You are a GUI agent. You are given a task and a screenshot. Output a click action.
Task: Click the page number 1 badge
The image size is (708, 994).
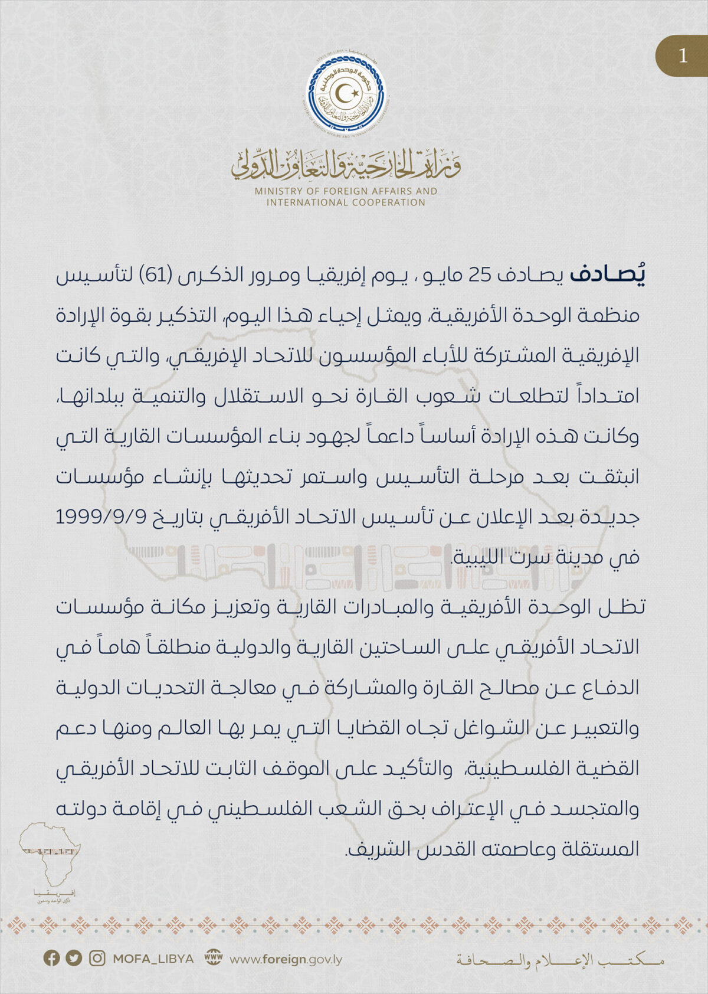coord(683,55)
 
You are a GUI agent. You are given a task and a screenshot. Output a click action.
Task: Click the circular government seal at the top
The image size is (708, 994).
coord(348,94)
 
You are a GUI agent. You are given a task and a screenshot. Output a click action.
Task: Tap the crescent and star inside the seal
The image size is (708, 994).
coord(348,93)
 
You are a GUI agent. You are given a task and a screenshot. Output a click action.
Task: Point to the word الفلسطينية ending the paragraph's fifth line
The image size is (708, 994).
coord(513,769)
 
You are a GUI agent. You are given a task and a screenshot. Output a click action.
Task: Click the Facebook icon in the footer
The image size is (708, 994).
coord(52,958)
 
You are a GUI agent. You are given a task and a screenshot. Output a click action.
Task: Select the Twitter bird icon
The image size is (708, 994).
coord(74,958)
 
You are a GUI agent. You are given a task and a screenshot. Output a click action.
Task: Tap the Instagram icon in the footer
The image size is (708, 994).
coord(97,958)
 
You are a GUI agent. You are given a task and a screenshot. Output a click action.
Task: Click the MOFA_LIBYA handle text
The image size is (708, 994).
coord(153,959)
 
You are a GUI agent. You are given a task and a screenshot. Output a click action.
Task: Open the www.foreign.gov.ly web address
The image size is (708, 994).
coord(286,959)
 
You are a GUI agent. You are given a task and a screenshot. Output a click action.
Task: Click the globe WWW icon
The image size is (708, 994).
coord(214,958)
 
